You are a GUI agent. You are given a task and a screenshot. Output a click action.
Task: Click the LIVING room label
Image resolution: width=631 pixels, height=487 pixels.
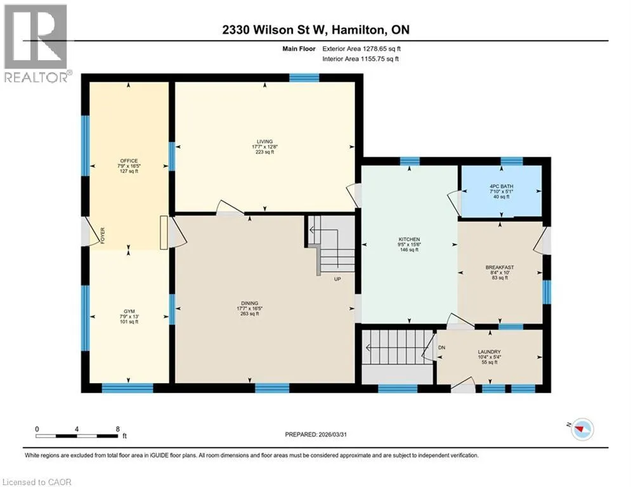point(265,141)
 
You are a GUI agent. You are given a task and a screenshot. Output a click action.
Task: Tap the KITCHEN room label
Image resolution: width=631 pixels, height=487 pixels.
point(409,240)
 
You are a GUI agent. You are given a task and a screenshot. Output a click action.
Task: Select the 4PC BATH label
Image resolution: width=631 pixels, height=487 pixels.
point(501,186)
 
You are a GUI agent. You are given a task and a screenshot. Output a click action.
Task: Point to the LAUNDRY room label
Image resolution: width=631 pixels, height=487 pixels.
point(490,352)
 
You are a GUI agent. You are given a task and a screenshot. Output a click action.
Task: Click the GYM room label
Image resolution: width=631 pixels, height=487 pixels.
point(129,311)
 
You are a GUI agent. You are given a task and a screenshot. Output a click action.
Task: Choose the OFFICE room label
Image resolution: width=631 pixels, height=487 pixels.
point(129,161)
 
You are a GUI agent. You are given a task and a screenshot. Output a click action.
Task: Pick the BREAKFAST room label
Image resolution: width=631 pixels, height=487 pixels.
point(500,267)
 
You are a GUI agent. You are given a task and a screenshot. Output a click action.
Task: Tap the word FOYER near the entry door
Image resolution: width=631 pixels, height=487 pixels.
point(103,235)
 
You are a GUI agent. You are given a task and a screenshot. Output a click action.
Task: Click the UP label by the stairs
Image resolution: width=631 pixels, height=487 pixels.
point(337,279)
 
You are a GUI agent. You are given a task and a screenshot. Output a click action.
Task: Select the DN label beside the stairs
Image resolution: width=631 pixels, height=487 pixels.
point(441,347)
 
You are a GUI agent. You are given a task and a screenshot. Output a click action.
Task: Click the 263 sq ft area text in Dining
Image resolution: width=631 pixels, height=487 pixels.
point(249,314)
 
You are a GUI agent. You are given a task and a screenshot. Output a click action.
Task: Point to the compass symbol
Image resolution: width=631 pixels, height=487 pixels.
point(582,429)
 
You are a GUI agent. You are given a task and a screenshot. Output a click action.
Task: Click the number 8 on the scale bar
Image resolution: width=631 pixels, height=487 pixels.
point(117,429)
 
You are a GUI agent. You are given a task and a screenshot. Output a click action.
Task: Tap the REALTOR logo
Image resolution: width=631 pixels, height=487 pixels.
point(37,43)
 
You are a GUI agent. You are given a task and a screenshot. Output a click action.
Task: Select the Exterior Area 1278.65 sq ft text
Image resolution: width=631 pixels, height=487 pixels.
point(361,49)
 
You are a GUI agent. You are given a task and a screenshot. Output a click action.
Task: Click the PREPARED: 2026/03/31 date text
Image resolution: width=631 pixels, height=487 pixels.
point(316,434)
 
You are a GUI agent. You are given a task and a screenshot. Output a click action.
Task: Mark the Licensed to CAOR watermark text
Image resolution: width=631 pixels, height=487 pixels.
point(37,482)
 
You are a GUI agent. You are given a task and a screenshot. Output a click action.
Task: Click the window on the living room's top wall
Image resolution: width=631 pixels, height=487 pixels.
point(304,77)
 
